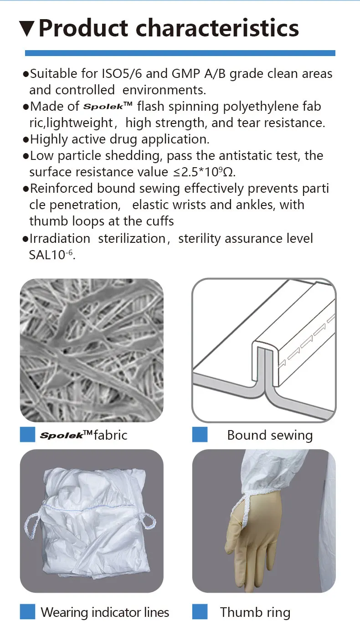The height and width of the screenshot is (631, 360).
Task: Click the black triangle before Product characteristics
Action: click(x=27, y=28)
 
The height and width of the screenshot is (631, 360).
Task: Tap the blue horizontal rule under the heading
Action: click(x=180, y=53)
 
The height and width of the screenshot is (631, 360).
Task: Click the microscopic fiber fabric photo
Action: click(x=91, y=350)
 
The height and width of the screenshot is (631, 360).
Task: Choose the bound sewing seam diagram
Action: click(x=264, y=350)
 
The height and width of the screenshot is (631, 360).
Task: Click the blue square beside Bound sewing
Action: click(x=200, y=435)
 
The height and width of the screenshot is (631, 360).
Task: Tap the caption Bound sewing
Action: click(x=270, y=435)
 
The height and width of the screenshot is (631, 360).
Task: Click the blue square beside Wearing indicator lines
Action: click(x=27, y=611)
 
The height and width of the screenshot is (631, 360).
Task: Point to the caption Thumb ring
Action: click(x=255, y=612)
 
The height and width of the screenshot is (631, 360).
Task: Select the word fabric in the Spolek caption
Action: click(x=110, y=435)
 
